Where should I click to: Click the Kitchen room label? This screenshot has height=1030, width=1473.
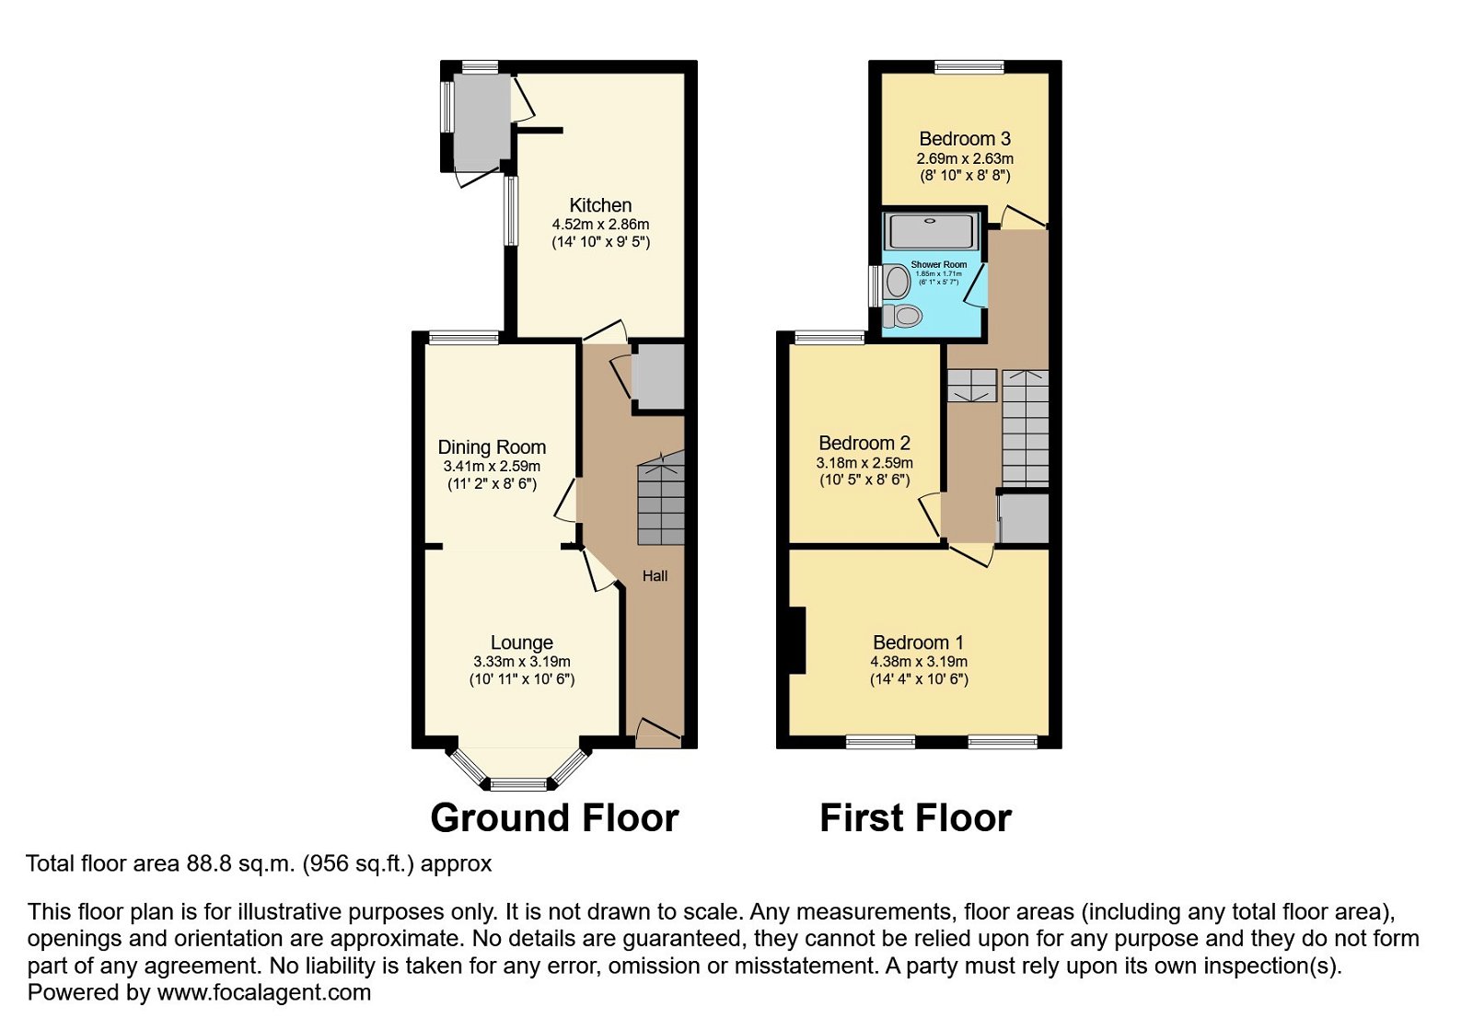click(x=600, y=205)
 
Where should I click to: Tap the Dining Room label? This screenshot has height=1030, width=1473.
click(x=492, y=447)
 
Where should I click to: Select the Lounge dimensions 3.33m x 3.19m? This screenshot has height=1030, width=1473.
click(x=522, y=662)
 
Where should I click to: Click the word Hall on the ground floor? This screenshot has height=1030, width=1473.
click(x=655, y=576)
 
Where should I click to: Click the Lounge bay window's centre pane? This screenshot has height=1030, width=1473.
click(x=518, y=784)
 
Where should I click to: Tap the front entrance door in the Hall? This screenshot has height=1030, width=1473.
click(x=657, y=734)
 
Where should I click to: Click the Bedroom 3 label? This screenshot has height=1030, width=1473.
click(x=965, y=139)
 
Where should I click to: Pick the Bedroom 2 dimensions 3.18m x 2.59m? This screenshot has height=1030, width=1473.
click(x=864, y=463)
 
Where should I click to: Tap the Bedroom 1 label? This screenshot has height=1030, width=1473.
click(x=918, y=642)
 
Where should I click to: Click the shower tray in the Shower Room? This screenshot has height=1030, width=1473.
click(x=931, y=230)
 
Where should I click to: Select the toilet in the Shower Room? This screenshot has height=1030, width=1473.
click(x=903, y=317)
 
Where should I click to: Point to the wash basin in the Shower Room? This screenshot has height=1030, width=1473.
click(x=897, y=282)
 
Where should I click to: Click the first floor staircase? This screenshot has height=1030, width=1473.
click(x=1026, y=428)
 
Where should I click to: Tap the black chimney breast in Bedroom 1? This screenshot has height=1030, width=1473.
click(x=797, y=640)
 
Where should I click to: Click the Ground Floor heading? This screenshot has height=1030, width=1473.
click(x=554, y=817)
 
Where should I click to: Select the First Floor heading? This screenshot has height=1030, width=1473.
click(x=915, y=817)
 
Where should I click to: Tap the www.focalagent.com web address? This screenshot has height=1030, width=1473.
click(x=264, y=993)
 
